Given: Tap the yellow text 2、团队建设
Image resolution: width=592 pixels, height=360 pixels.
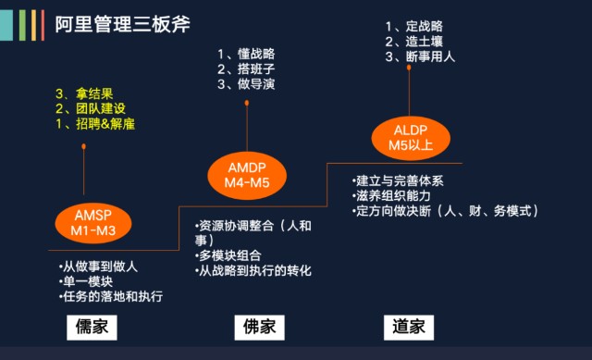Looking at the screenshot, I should [x=93, y=109].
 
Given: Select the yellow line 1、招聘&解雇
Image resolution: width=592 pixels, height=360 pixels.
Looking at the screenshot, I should [x=100, y=125].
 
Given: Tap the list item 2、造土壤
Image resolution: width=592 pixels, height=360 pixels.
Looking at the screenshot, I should [x=413, y=41].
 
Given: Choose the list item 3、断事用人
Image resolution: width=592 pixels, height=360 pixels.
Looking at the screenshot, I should [x=419, y=56].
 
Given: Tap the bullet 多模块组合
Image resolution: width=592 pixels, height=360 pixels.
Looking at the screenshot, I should [x=228, y=255].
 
